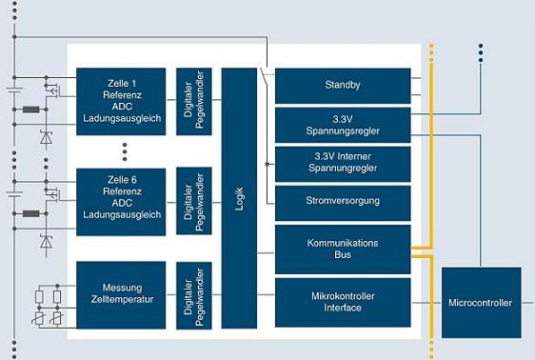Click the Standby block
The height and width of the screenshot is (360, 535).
click(x=343, y=86)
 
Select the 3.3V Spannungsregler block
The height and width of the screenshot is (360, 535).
click(x=343, y=125)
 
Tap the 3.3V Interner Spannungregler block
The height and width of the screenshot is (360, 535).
click(x=343, y=164)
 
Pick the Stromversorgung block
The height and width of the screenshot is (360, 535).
click(x=343, y=203)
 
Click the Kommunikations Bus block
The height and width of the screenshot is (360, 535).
click(x=343, y=250)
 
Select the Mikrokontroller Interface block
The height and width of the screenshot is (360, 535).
click(x=343, y=302)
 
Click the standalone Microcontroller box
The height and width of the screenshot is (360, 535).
click(x=481, y=303)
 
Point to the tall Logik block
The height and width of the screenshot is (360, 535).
click(x=239, y=198)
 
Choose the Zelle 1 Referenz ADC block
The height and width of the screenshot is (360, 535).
click(x=121, y=101)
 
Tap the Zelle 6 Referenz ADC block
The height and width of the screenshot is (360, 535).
click(x=121, y=202)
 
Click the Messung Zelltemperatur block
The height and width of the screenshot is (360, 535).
click(x=121, y=295)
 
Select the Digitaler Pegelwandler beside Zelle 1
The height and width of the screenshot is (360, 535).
click(x=194, y=101)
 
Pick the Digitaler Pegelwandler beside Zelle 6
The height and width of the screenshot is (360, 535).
click(x=194, y=201)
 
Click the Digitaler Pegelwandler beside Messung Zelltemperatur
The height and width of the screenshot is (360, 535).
click(x=194, y=295)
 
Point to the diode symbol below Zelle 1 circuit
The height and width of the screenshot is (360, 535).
click(x=46, y=137)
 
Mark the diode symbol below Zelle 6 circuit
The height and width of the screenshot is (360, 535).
click(x=46, y=242)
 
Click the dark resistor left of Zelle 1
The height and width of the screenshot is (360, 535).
click(x=31, y=110)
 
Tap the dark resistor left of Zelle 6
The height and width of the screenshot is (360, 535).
click(x=31, y=213)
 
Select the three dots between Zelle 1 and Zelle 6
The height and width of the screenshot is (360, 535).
click(x=125, y=151)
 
